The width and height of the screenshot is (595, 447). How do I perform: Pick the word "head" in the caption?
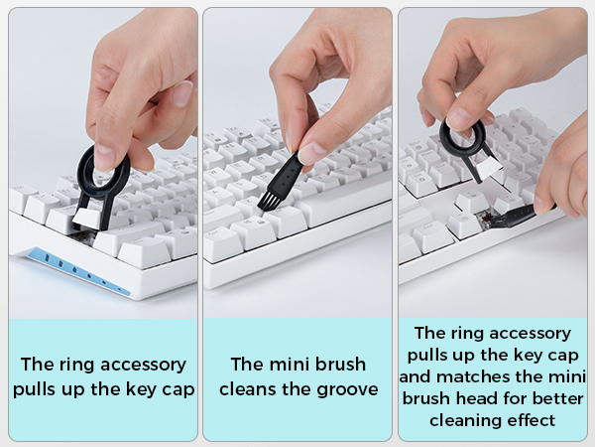click(479, 398)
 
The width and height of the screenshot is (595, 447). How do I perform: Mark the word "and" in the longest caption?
click(415, 376)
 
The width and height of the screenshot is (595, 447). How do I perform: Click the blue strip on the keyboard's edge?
click(79, 271)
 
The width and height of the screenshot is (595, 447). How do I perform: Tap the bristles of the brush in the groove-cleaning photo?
click(269, 202)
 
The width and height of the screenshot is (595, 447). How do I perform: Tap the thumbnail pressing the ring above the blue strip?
click(105, 155)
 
